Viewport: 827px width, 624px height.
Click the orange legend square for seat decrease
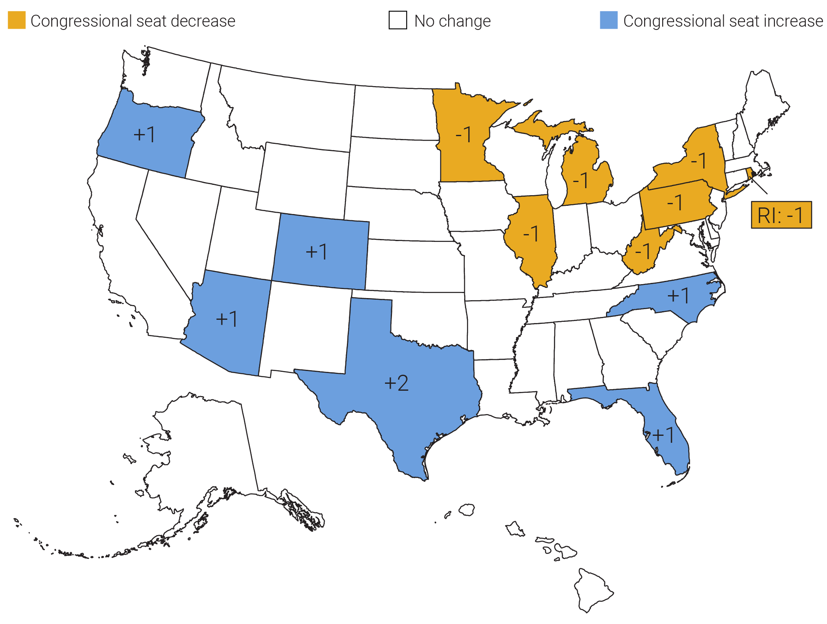click(x=17, y=20)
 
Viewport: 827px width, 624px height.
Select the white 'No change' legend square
click(x=398, y=20)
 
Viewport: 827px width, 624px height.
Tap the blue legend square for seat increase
click(x=608, y=20)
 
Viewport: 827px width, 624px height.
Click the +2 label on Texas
click(x=396, y=383)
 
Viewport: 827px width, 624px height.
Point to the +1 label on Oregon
click(x=144, y=134)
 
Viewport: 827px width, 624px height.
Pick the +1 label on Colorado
click(x=317, y=251)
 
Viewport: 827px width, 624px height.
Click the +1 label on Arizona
click(x=227, y=319)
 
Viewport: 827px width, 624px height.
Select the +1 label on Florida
click(x=663, y=435)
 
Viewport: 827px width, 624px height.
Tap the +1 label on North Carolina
click(x=679, y=295)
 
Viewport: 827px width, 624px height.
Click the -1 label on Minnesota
click(x=463, y=134)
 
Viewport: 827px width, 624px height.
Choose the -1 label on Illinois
click(x=531, y=234)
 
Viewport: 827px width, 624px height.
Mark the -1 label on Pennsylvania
click(x=674, y=203)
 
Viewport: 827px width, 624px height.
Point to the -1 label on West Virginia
click(x=642, y=251)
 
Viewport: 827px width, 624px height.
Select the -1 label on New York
click(x=698, y=160)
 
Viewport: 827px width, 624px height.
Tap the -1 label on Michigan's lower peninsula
click(x=581, y=180)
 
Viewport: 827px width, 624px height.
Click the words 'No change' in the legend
click(x=452, y=21)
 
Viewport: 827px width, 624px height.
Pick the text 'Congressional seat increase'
click(x=723, y=21)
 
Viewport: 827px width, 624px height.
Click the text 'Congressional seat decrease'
click(x=133, y=21)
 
